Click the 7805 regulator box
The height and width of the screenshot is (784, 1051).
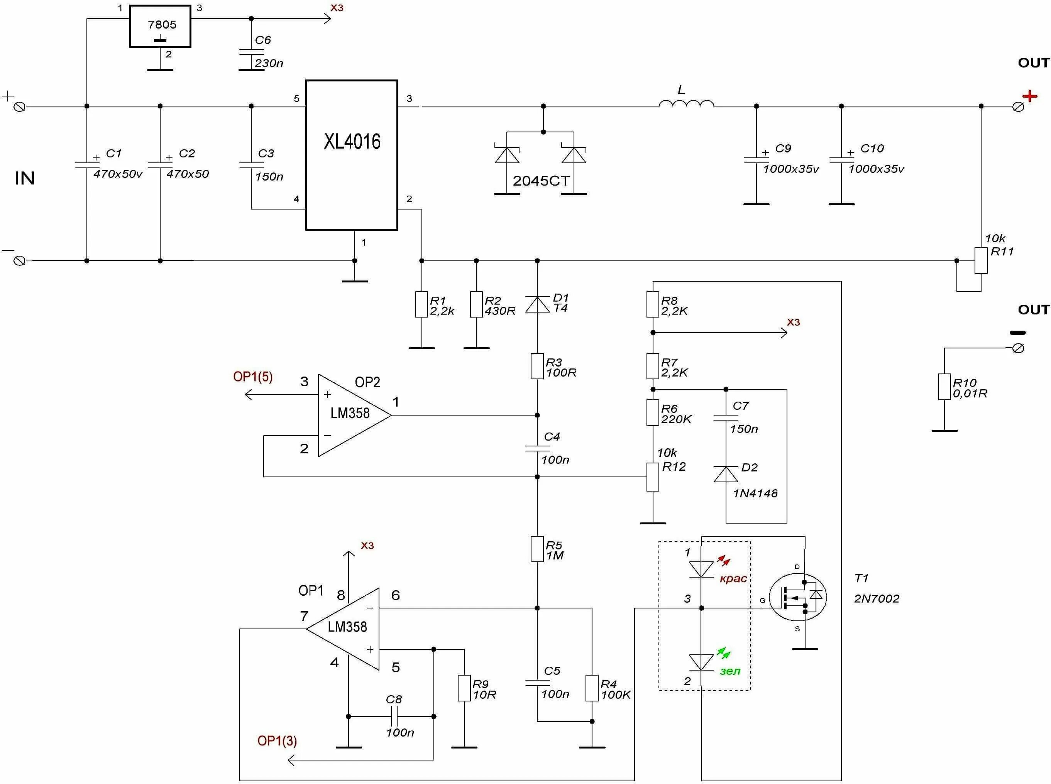point(160,26)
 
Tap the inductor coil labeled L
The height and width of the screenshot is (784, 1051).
point(686,103)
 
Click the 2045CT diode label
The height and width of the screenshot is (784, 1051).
point(541,181)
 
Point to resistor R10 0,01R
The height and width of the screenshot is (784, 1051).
point(944,387)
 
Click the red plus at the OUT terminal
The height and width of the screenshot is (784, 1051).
point(1030,96)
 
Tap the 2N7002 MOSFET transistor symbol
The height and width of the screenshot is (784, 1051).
point(798,597)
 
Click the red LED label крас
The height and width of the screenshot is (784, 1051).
point(733,578)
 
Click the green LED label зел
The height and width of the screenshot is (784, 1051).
point(729,671)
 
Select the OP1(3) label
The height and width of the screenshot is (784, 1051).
point(277,741)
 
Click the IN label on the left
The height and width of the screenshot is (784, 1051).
point(25,178)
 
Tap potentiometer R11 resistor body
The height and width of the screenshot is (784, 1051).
point(981,260)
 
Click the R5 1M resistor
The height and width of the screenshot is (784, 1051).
point(537,549)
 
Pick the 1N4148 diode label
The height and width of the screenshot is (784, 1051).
point(755,493)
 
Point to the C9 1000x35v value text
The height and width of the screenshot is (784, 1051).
point(790,169)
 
